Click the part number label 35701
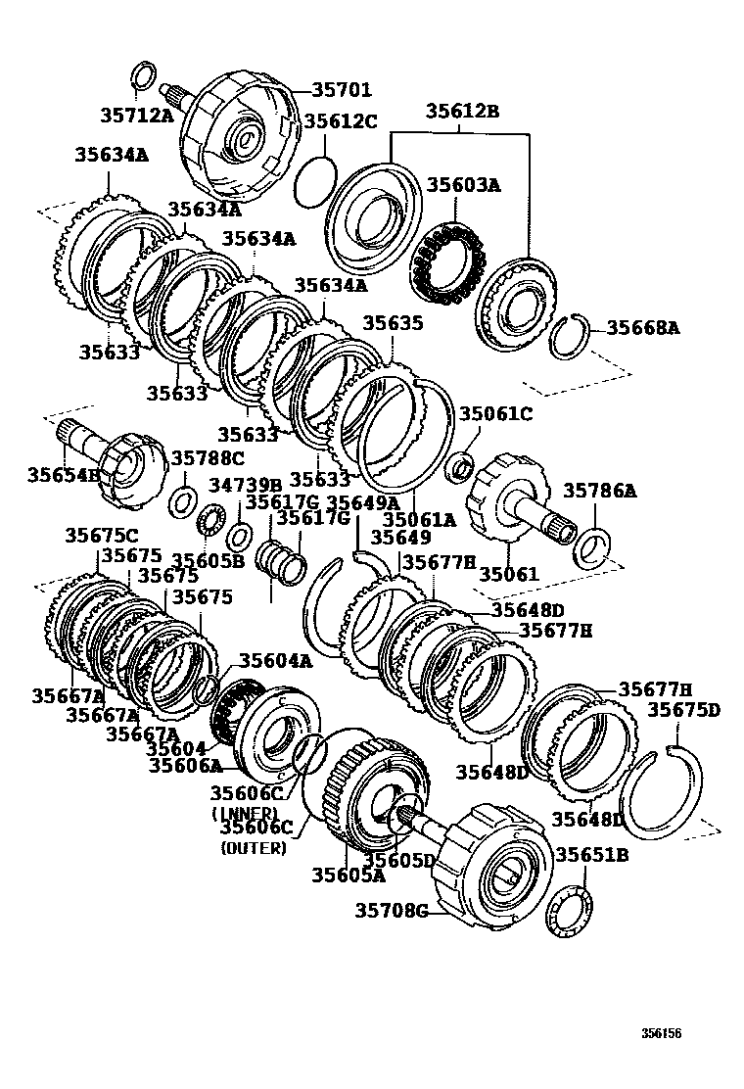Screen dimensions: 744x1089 point(342,90)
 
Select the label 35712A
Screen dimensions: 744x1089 point(136,116)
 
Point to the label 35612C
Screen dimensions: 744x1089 point(340,121)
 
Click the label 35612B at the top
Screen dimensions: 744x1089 point(462,112)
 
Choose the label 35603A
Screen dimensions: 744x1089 point(463,185)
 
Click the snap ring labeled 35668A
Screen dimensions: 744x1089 point(567,337)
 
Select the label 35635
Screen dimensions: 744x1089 point(393,322)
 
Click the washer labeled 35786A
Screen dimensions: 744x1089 point(591,547)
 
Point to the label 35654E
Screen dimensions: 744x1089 point(64,475)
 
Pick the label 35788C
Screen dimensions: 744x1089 point(208,457)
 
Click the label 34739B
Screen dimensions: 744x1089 point(245,485)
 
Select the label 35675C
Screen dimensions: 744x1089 point(102,535)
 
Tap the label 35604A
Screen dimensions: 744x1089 point(276,661)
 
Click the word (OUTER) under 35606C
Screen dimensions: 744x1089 point(254,848)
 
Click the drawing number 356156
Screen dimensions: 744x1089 point(662,1033)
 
